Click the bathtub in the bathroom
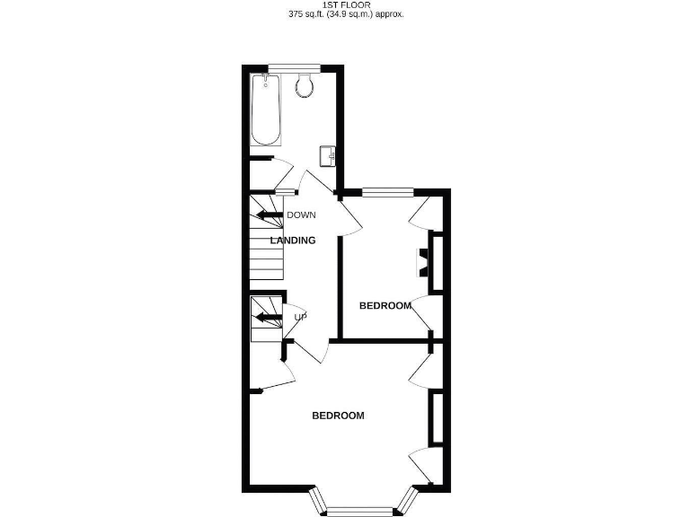(267, 111)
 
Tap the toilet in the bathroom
(305, 86)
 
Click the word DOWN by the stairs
(301, 215)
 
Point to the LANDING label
(293, 241)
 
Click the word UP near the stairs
(300, 317)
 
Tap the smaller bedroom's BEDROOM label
(385, 306)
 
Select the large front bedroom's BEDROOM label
(338, 416)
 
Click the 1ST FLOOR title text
(345, 4)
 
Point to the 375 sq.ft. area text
(345, 14)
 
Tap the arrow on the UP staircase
(268, 316)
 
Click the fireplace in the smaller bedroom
(420, 261)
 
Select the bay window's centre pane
(359, 511)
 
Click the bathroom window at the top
(296, 66)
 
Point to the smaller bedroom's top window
(387, 190)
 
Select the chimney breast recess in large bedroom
(437, 417)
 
